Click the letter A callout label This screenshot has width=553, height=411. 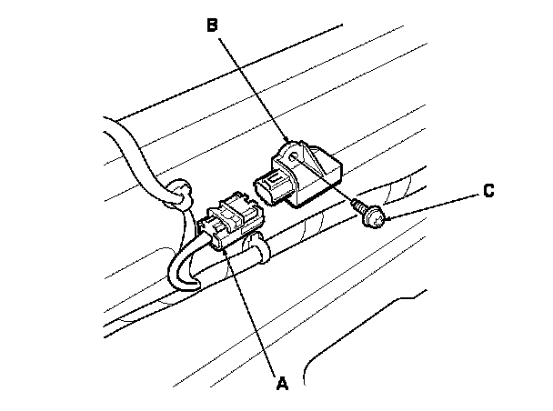tap(281, 385)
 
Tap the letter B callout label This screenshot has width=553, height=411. tap(211, 26)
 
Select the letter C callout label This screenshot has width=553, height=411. tap(488, 191)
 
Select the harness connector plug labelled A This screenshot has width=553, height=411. tap(232, 222)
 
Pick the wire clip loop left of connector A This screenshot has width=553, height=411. tap(181, 194)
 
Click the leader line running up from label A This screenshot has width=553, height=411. tap(255, 309)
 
